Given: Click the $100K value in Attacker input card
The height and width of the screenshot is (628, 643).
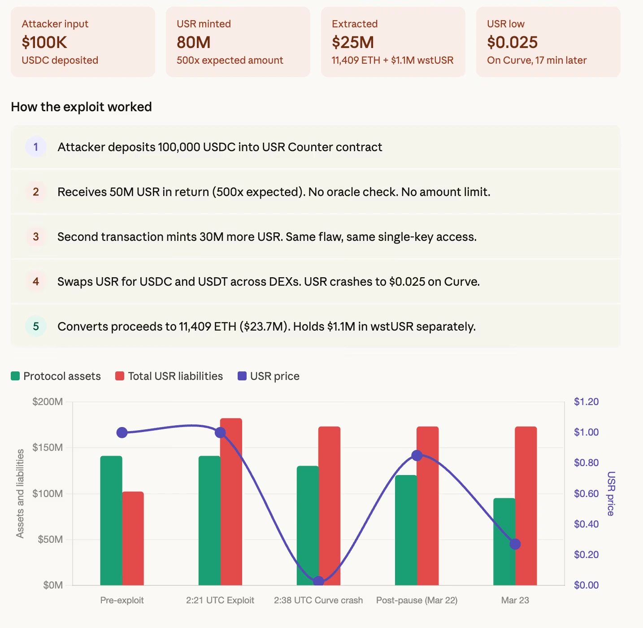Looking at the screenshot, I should point(44,42).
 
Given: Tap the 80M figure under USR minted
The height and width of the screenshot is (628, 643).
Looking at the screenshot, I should point(194,42).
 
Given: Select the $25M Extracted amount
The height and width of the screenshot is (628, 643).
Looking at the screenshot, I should point(353,42).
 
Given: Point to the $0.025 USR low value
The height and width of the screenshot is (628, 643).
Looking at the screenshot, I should point(512,42).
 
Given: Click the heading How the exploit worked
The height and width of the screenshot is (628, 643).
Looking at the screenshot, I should point(81,107).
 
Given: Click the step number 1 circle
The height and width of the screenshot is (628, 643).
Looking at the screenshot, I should point(36,147).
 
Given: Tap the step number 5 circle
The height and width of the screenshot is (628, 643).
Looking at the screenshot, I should point(36,326).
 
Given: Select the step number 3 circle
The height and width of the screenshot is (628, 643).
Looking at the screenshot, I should point(36,236).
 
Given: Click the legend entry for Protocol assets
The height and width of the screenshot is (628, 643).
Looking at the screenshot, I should point(56,376).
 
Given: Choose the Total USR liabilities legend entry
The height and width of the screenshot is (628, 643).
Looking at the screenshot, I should point(169,376).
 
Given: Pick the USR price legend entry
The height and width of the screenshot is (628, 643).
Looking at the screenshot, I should point(269,376).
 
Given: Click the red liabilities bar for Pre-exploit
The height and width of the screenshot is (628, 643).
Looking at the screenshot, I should point(133,538).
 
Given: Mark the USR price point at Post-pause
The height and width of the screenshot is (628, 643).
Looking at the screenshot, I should point(417,455).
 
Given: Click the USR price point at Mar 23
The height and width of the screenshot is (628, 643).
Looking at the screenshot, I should point(515,544).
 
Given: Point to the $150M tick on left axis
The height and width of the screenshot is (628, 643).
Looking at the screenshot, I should point(48,447).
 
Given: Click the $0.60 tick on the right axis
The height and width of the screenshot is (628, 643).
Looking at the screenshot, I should point(586,493).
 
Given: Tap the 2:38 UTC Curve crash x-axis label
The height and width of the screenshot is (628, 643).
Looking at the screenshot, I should point(318,600).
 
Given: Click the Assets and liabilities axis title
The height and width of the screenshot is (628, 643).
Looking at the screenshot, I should point(20,493).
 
